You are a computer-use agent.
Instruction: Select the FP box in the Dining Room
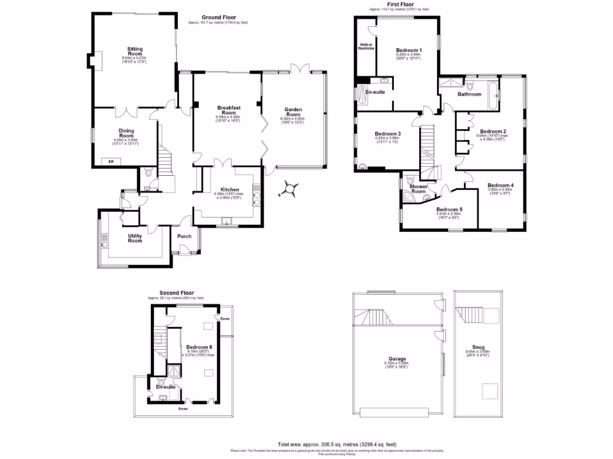click(x=110, y=161)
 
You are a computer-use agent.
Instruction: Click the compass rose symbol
click(x=290, y=189)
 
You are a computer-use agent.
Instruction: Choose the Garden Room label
click(x=293, y=112)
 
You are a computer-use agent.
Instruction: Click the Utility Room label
click(x=135, y=238)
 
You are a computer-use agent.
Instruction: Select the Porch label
click(x=185, y=236)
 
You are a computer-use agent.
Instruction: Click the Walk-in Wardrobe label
click(x=366, y=47)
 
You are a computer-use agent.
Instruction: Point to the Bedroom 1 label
click(x=408, y=50)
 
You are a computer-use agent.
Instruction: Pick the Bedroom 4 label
click(x=500, y=185)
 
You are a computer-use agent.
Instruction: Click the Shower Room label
click(x=418, y=189)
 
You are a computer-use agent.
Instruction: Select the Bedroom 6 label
click(x=198, y=347)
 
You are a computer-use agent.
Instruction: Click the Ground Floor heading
click(x=218, y=17)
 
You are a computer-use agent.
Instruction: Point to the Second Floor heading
click(x=177, y=293)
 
